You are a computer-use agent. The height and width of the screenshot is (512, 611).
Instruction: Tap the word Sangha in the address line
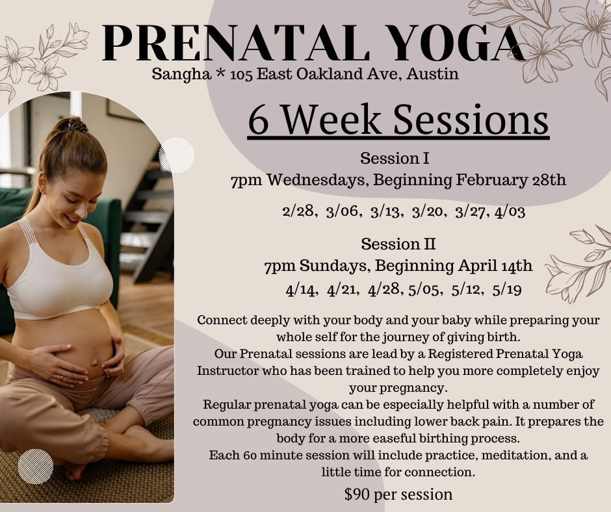pos(179,74)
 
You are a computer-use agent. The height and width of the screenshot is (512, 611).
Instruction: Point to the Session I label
pos(398,158)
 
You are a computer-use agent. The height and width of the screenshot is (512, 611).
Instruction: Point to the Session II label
pos(398,244)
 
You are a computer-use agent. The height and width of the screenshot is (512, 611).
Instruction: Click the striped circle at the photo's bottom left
pos(36,466)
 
